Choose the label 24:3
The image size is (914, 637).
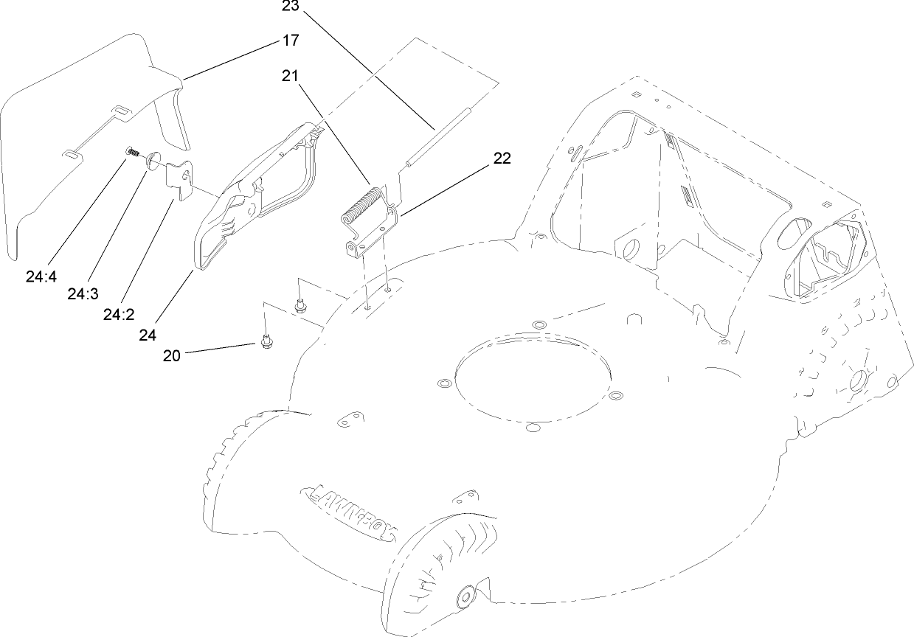[83, 294]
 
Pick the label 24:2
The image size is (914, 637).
[119, 315]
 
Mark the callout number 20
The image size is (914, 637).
[171, 355]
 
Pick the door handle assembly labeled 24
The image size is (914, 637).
[251, 199]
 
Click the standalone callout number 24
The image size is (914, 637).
[148, 334]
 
